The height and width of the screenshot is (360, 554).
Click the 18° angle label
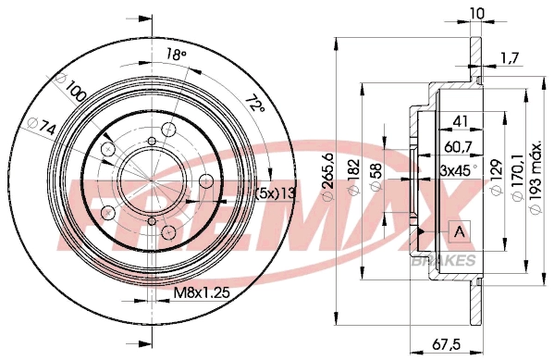(x=177, y=56)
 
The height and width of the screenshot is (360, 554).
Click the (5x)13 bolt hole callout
(x=275, y=192)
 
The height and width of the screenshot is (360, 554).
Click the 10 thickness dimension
(x=475, y=13)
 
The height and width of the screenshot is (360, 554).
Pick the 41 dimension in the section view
(x=459, y=119)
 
